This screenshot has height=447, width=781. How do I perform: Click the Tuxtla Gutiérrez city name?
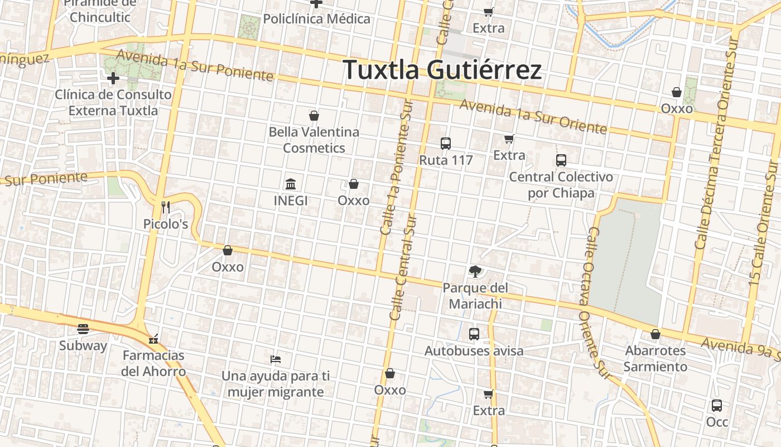tap(442, 70)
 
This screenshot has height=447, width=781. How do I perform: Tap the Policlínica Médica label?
tap(316, 19)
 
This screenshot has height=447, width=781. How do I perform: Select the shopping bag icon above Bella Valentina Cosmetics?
tap(314, 116)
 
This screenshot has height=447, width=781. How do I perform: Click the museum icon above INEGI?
tap(291, 184)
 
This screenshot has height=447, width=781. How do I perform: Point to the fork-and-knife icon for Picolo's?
tap(165, 207)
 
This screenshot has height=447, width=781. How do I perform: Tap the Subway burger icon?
tap(83, 329)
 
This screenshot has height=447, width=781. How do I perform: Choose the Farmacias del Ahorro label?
tap(153, 363)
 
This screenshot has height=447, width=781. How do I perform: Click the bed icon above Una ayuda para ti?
tap(275, 359)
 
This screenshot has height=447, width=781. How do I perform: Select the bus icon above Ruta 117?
tap(445, 144)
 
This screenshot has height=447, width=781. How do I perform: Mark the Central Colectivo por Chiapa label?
tap(561, 185)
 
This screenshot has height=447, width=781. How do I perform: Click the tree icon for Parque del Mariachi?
tap(475, 272)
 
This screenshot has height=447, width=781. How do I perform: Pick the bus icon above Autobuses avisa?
tap(474, 334)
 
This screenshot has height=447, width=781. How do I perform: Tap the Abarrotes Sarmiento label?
tap(655, 359)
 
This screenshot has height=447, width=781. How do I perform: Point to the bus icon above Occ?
tap(717, 406)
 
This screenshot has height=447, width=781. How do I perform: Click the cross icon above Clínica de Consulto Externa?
tap(113, 78)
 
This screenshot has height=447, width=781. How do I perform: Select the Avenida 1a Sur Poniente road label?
tap(195, 65)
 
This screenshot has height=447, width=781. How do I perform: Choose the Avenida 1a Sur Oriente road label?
tap(533, 117)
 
